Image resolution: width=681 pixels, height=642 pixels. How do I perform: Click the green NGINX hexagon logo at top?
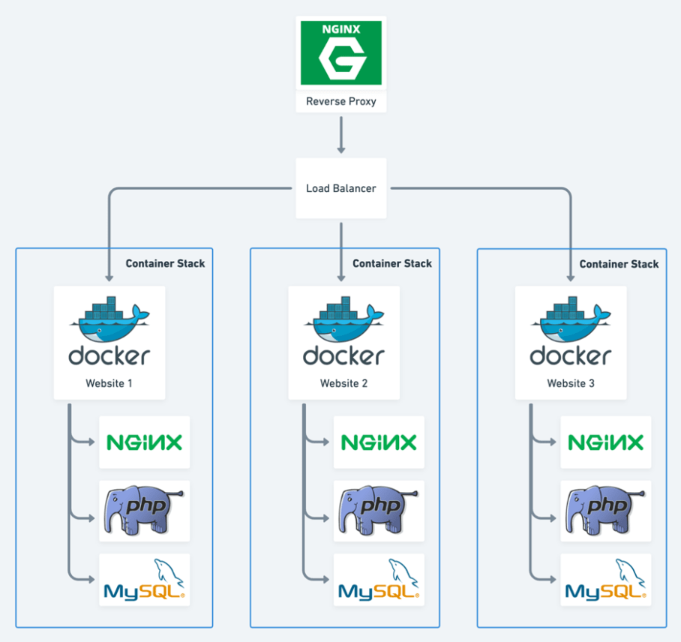(x=341, y=52)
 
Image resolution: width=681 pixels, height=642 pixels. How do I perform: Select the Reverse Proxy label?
(x=341, y=101)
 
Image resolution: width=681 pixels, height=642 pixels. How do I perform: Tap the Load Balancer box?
(x=341, y=188)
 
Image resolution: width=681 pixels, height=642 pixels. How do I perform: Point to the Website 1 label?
(x=109, y=383)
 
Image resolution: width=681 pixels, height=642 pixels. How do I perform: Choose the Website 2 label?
(x=343, y=383)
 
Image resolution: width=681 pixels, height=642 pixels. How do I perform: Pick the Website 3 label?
(x=571, y=383)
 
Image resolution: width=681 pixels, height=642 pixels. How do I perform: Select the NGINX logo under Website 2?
(x=379, y=442)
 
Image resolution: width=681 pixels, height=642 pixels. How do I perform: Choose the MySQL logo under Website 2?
(x=379, y=581)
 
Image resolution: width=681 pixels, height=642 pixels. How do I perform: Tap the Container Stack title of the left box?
(x=165, y=263)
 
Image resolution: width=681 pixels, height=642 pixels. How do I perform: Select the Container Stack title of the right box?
(x=619, y=263)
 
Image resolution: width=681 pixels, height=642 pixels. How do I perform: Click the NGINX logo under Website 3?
(x=605, y=442)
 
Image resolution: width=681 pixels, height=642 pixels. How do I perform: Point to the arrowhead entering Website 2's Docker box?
(x=341, y=277)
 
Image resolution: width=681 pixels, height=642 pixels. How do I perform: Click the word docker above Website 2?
(x=343, y=355)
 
